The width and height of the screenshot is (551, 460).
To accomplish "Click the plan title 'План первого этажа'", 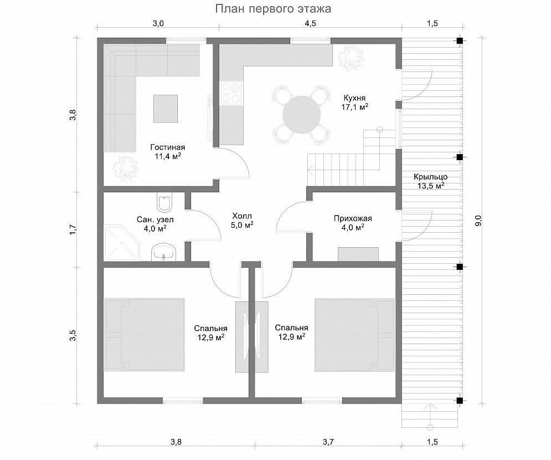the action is click(273, 8).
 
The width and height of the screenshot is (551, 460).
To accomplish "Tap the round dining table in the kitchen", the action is click(302, 115).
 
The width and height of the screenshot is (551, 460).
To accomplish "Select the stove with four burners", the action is click(231, 93).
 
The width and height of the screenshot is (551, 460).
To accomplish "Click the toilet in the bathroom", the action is click(164, 202).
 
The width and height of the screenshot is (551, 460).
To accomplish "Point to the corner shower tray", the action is click(122, 243).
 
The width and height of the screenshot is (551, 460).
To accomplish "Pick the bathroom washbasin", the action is click(164, 252).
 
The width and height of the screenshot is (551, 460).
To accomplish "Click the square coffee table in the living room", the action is click(166, 108).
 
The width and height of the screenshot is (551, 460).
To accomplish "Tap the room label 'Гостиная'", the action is click(168, 147).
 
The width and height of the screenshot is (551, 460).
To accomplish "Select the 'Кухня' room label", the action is click(354, 98).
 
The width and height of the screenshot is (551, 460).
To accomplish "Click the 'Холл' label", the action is click(242, 216).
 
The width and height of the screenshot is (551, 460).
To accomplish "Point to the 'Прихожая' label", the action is click(353, 218).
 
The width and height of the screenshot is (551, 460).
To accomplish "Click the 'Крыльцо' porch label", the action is click(430, 177).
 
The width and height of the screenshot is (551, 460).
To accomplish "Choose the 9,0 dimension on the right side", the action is click(478, 221).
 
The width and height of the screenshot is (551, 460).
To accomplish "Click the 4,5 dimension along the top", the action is click(310, 24).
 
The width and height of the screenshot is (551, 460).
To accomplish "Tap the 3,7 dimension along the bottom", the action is click(328, 442).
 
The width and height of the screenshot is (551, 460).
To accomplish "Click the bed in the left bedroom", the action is click(145, 334).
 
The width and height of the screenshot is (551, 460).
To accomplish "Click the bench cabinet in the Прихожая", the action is click(358, 254).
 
